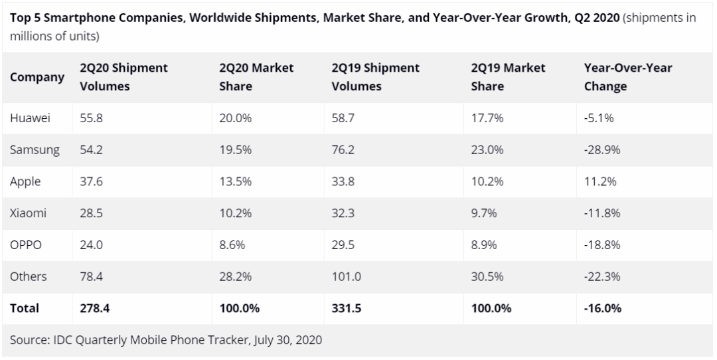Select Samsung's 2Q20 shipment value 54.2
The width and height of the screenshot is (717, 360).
click(x=90, y=150)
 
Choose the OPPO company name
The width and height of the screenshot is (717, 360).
click(x=26, y=244)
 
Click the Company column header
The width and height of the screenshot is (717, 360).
click(x=37, y=77)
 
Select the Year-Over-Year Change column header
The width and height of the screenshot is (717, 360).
click(x=627, y=77)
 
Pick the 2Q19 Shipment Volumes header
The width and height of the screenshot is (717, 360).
click(x=375, y=77)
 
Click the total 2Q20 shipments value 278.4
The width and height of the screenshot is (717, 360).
click(x=94, y=308)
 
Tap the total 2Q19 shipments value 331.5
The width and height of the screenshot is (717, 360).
click(x=346, y=308)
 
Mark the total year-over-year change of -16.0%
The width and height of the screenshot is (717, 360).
click(x=603, y=308)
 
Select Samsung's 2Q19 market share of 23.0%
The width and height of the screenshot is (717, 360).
click(x=485, y=150)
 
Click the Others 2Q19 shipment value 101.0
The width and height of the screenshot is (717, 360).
click(x=346, y=276)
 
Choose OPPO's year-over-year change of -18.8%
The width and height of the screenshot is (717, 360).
click(x=601, y=244)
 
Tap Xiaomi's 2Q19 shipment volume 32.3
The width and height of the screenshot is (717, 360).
click(x=342, y=213)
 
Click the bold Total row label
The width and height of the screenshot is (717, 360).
click(x=25, y=308)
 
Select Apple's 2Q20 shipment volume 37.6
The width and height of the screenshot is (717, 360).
click(x=90, y=181)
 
